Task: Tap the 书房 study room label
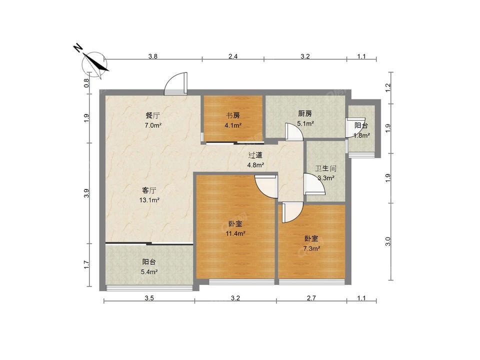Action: [233, 115]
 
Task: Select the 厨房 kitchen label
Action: [305, 113]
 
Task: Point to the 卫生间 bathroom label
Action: [325, 168]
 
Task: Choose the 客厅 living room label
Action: [149, 190]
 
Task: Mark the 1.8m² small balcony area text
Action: [361, 135]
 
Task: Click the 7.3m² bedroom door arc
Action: [291, 212]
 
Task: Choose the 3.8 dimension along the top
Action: [153, 56]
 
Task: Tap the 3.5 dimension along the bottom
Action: [149, 298]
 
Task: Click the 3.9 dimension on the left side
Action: [86, 192]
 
